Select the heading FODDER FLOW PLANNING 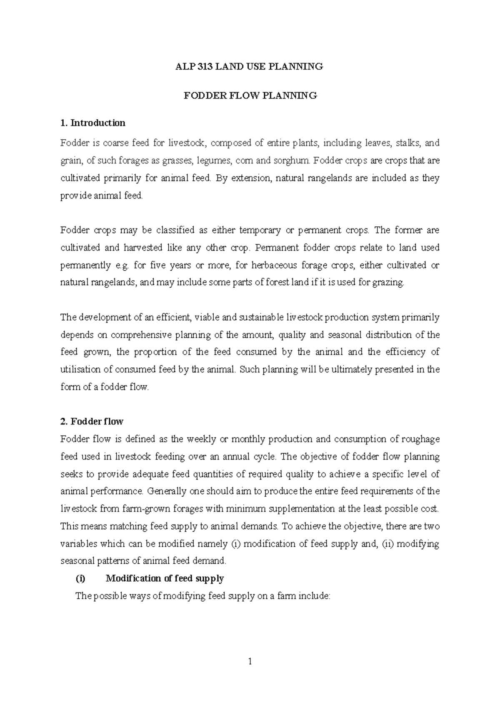click(x=250, y=95)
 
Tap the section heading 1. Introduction click(x=92, y=123)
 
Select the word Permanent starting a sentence click(x=275, y=248)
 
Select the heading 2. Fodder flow click(x=92, y=422)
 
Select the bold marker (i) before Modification click(x=80, y=578)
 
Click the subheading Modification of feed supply click(x=165, y=578)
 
